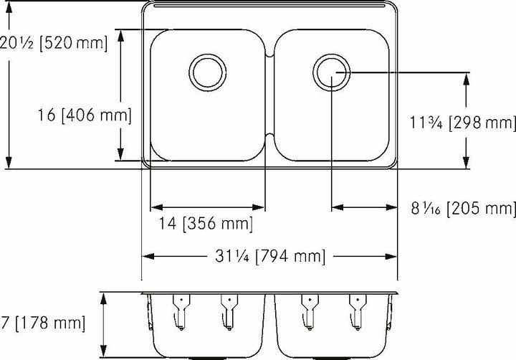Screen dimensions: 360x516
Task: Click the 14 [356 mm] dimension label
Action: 206,224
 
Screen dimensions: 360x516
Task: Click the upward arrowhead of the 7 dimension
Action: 106,297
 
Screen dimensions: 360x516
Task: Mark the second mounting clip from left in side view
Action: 228,309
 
